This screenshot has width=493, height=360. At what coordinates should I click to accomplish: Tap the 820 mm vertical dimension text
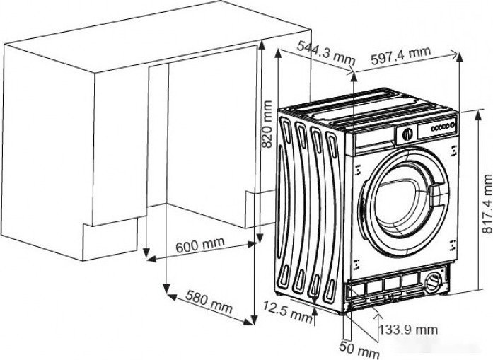pos(267,123)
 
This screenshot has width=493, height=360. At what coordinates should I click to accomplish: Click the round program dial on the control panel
pos(407,133)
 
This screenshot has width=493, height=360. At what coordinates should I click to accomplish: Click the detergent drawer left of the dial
pos(374,139)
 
